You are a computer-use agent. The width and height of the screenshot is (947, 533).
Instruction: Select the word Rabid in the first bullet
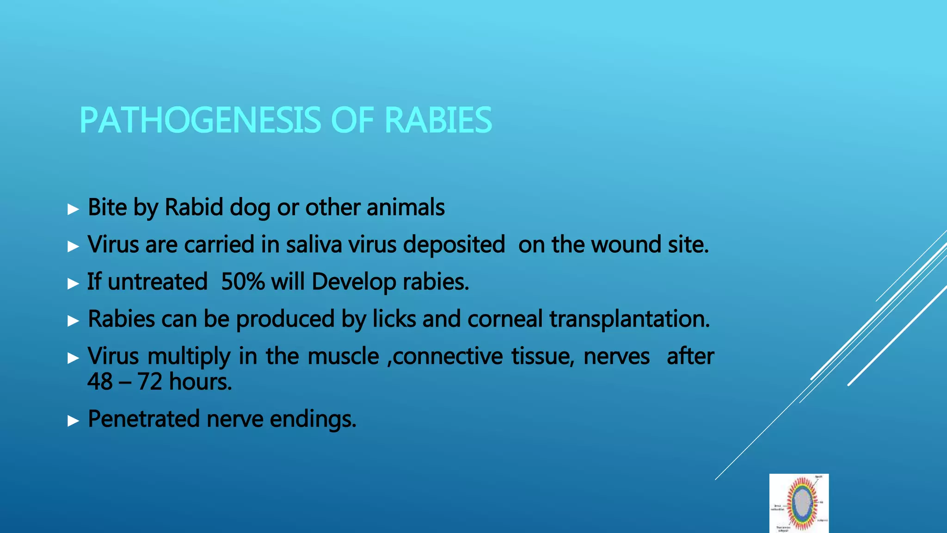click(x=194, y=207)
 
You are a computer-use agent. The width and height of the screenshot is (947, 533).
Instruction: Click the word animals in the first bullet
click(x=406, y=207)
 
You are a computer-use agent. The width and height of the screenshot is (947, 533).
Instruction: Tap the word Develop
click(x=354, y=282)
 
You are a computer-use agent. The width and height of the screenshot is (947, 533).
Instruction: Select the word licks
click(x=394, y=319)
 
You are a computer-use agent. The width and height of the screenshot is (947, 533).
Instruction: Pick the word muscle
click(x=343, y=356)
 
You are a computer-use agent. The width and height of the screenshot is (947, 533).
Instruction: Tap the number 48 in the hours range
click(x=100, y=382)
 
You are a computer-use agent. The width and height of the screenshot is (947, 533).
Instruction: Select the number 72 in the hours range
click(x=149, y=382)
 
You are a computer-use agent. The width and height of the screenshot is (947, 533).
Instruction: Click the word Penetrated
click(x=144, y=419)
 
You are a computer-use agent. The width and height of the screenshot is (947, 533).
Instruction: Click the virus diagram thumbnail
click(x=799, y=503)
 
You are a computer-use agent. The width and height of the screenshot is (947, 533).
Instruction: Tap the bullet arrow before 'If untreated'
click(x=73, y=283)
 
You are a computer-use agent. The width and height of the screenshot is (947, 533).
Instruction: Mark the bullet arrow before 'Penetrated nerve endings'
click(x=73, y=421)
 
